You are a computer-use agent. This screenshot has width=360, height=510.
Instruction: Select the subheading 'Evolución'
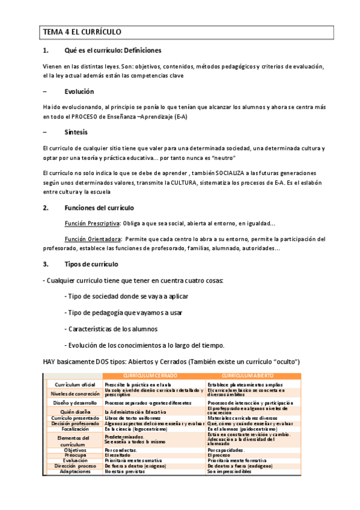coord(79,92)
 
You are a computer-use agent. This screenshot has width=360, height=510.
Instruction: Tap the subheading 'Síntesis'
coord(76,132)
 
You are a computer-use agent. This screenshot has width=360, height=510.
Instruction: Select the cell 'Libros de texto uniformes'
coord(132,418)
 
